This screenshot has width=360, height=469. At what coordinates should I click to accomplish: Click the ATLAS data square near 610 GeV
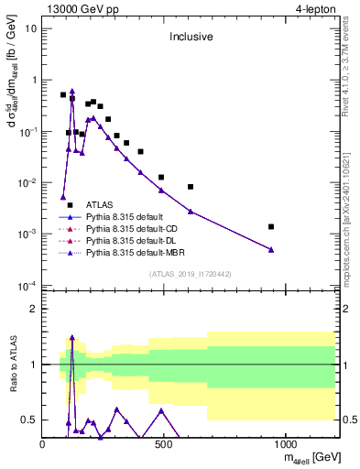point(191,187)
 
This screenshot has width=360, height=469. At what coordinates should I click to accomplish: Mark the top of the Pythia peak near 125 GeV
point(72,91)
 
